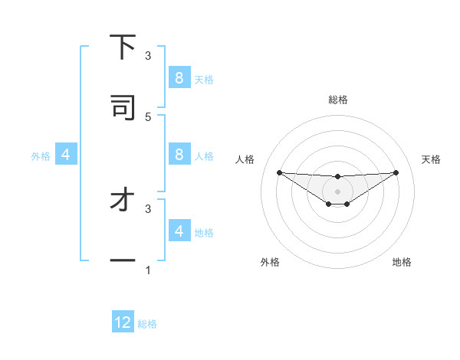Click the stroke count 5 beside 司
pos(148,116)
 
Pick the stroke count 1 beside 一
pos(148,270)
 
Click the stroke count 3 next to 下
pos(148,56)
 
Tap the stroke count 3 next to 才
pos(148,208)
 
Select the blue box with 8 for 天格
pos(179,78)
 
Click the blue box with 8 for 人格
pos(179,155)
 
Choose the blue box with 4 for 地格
pos(179,231)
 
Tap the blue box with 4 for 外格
pos(65,155)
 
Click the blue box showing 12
pos(123,322)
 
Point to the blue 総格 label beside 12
pos(147,324)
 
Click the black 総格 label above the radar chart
pos(337,100)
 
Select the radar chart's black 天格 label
pos(432,159)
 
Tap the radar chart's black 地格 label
pos(402,262)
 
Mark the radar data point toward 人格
pos(279,172)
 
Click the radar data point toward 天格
pos(396,172)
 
